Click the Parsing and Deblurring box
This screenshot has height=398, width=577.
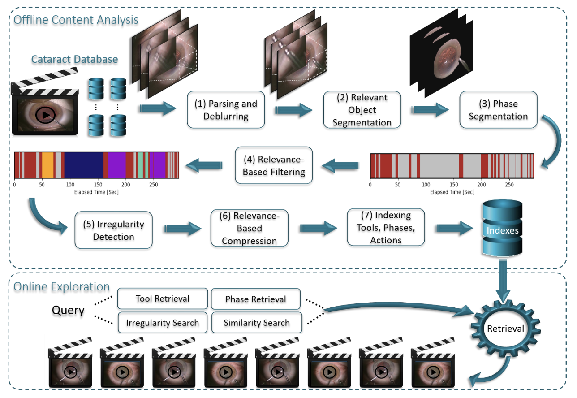click(x=225, y=110)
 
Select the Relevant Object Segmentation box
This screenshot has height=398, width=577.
click(x=362, y=110)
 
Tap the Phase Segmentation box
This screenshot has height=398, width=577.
click(x=498, y=110)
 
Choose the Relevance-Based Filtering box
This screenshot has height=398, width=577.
click(x=274, y=166)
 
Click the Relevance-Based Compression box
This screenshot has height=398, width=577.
click(x=249, y=228)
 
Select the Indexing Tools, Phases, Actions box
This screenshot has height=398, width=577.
click(x=386, y=227)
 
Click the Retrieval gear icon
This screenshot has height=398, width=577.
click(x=505, y=329)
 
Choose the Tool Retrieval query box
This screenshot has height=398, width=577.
click(x=163, y=299)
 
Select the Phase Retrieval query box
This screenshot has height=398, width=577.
click(x=256, y=299)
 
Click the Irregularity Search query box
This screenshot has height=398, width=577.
click(x=163, y=323)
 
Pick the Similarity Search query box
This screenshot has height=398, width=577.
click(x=257, y=323)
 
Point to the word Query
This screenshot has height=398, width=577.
click(x=68, y=310)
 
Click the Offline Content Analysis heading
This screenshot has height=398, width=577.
click(x=76, y=20)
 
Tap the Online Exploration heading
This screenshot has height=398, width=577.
click(x=62, y=287)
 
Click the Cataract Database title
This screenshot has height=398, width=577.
click(x=75, y=59)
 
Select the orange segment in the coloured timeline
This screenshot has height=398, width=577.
click(x=47, y=165)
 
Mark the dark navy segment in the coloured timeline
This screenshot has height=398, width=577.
click(x=84, y=165)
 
